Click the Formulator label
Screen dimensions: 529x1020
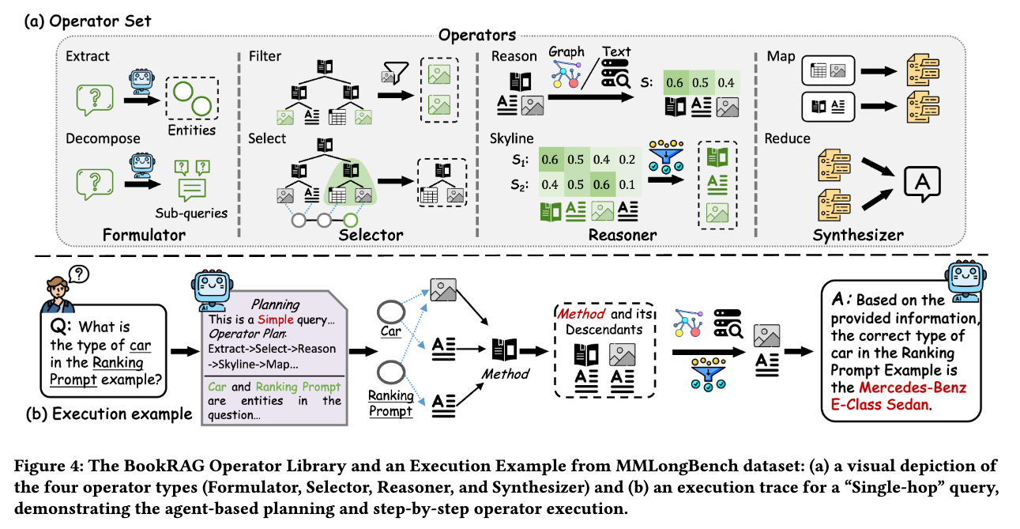[x=145, y=234]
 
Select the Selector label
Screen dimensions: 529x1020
[x=371, y=234]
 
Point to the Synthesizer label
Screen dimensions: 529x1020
[x=858, y=234]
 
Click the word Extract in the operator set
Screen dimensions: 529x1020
[x=88, y=57]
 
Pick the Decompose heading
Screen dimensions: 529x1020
[x=103, y=138]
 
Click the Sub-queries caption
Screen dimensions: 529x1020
[x=191, y=213]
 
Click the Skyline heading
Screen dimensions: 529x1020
[x=513, y=138]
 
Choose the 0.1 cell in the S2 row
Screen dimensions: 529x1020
[x=627, y=184]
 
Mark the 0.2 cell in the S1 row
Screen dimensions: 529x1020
[x=627, y=161]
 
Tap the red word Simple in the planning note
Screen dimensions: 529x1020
[x=276, y=320]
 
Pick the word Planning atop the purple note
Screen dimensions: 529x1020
[x=275, y=304]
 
